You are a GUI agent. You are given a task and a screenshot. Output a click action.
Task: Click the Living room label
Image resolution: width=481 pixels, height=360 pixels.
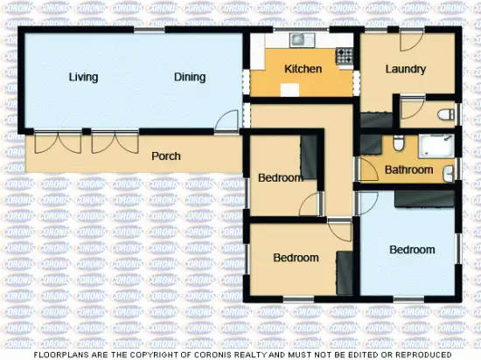click(83, 77)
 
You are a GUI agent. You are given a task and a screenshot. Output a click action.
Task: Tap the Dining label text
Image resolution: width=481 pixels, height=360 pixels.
click(189, 77)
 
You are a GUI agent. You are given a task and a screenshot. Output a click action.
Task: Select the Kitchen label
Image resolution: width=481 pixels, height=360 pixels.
click(303, 69)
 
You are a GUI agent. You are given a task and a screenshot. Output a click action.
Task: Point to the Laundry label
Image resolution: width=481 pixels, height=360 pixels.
click(405, 69)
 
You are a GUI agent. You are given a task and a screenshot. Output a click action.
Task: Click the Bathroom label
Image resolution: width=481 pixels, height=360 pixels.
click(409, 170)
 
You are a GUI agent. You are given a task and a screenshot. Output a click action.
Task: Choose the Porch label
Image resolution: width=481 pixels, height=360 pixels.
click(166, 156)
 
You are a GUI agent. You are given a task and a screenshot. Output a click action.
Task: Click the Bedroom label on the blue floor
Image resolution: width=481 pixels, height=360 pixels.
click(412, 250)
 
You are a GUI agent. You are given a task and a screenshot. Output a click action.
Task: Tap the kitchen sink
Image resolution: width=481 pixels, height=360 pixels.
click(302, 39)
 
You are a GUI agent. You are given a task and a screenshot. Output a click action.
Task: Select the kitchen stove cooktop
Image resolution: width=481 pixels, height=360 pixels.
click(345, 55)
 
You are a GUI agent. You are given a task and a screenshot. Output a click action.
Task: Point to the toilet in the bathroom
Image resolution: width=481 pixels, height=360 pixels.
click(397, 144)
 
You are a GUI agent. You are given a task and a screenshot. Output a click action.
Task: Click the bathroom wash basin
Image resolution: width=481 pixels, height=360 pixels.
click(449, 172)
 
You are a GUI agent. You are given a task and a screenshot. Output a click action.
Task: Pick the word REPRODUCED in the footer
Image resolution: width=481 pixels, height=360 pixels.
click(422, 355)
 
